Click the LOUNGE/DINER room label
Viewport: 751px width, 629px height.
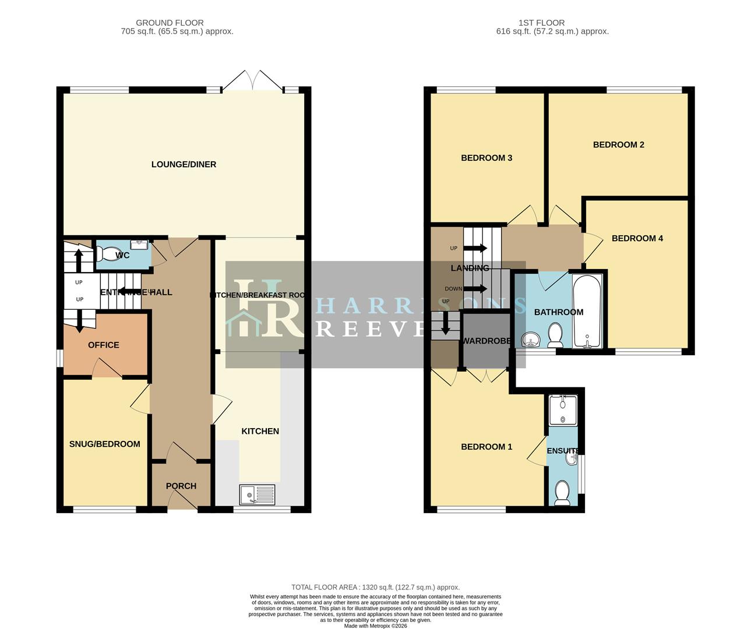184,165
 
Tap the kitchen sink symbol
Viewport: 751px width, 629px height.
257,494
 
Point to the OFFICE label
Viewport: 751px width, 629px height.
104,345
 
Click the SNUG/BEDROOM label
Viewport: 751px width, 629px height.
105,444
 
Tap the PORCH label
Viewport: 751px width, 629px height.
181,486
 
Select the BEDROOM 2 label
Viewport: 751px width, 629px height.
618,145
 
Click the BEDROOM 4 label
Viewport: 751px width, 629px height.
637,238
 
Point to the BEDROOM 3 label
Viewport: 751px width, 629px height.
486,158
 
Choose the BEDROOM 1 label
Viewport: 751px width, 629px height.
486,447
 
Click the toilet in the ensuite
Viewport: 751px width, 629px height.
562,493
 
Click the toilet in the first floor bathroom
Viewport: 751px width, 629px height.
555,335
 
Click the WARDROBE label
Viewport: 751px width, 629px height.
486,341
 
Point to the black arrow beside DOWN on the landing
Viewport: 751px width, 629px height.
475,288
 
